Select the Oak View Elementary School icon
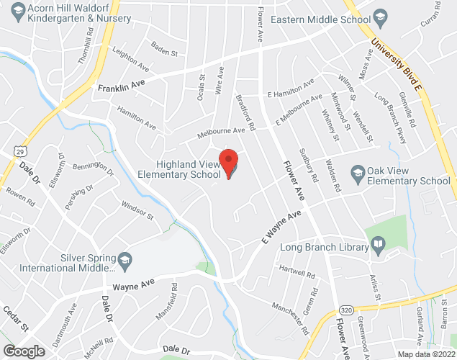tap(357, 173)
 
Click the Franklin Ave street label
tap(117, 88)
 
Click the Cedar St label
tap(15, 318)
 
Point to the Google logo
tap(23, 351)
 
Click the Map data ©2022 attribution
tap(427, 354)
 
